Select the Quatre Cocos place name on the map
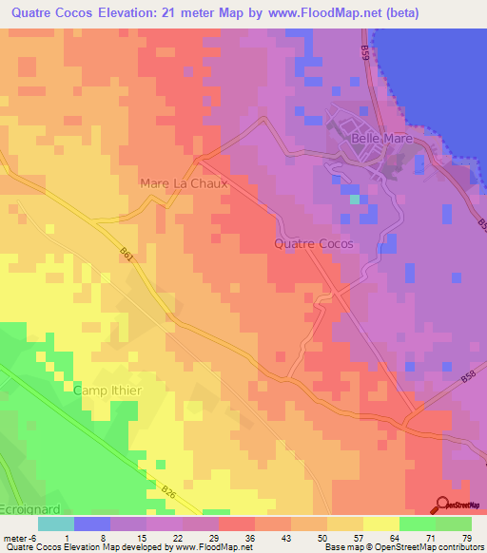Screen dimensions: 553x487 pyautogui.click(x=313, y=243)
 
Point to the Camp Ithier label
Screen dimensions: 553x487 pyautogui.click(x=107, y=390)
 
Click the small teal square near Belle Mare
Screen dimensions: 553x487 pyautogui.click(x=355, y=200)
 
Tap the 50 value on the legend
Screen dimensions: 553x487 pyautogui.click(x=309, y=537)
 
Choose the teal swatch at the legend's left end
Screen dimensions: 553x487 pyautogui.click(x=55, y=524)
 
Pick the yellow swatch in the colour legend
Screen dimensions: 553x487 pyautogui.click(x=380, y=524)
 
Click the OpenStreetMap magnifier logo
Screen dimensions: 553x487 pyautogui.click(x=442, y=505)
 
